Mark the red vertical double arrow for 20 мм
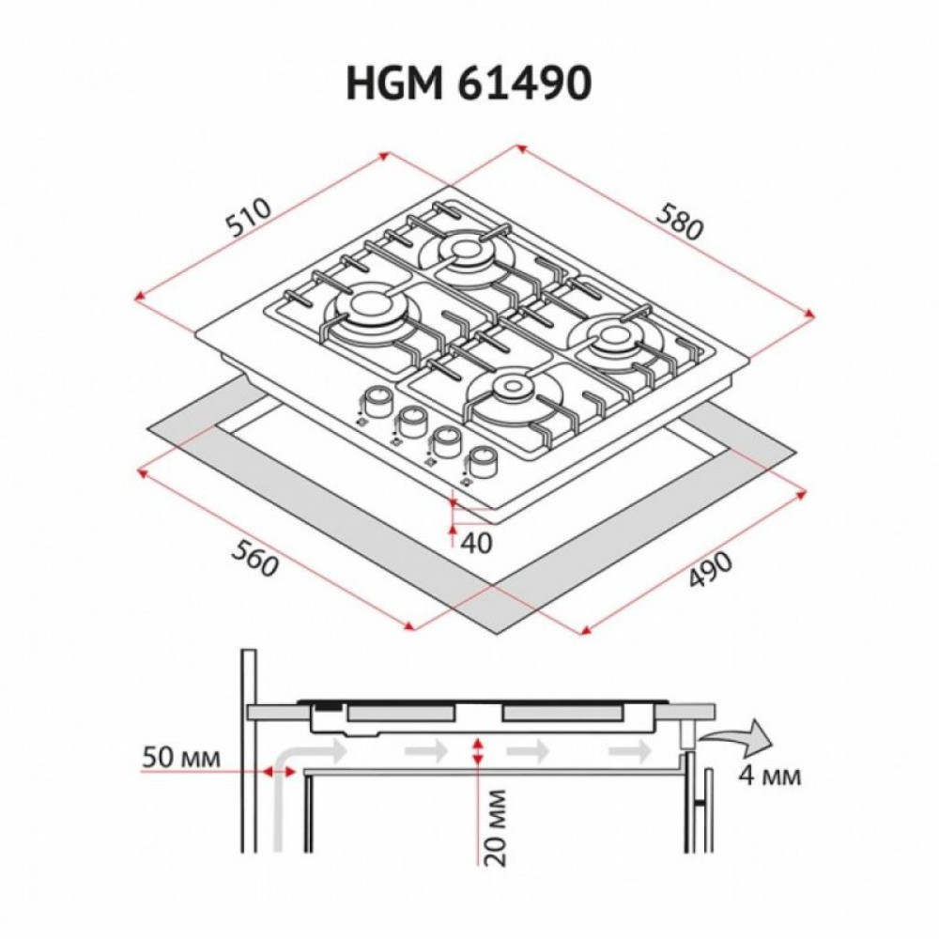479,750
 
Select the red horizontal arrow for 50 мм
276,771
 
